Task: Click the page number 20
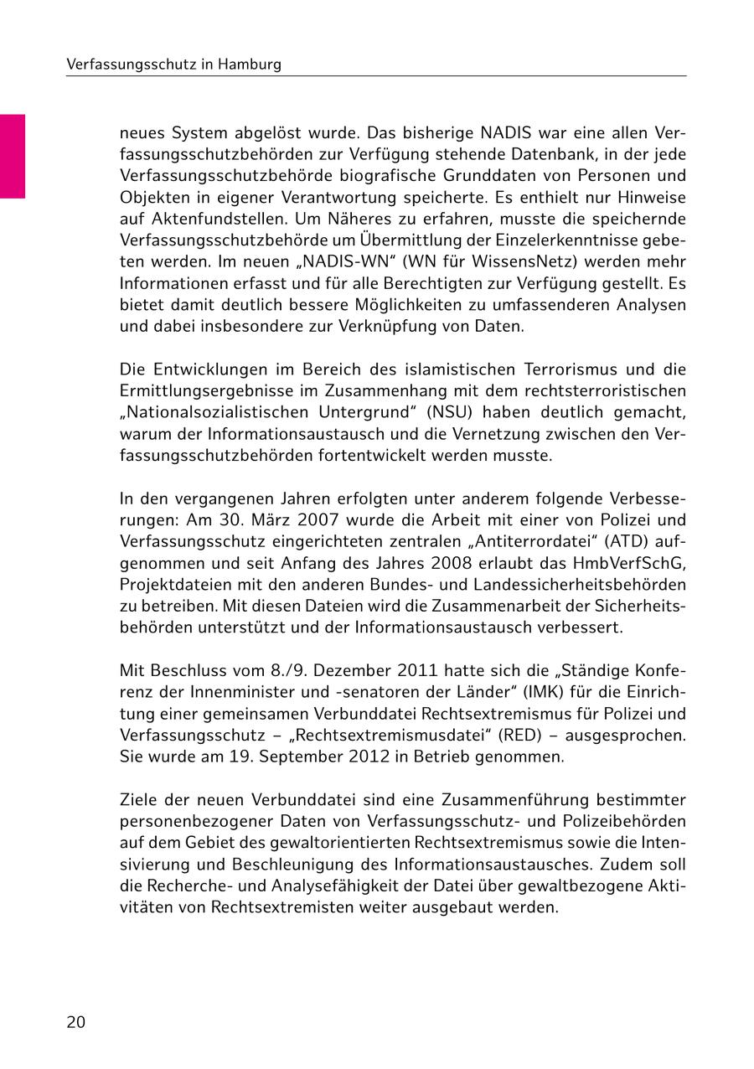(75, 1022)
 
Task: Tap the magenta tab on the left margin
(12, 156)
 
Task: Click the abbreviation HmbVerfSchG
(635, 563)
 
